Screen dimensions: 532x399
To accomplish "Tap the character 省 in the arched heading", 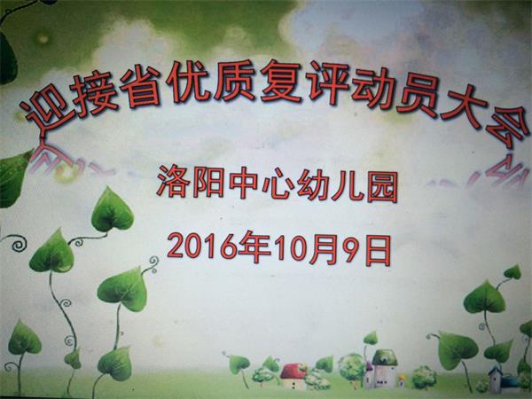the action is (140, 87).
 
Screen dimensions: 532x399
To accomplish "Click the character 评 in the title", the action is (327, 84).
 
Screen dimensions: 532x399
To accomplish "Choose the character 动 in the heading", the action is (372, 89).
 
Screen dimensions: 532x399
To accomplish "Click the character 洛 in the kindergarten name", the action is (173, 182).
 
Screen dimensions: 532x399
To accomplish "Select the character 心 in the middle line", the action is (278, 184).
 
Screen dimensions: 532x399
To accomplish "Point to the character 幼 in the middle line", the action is (312, 185).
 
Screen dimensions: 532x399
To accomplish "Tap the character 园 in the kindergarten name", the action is (382, 186).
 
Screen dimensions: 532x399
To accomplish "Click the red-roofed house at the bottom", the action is (293, 377).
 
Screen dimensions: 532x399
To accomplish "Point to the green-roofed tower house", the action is (384, 369).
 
